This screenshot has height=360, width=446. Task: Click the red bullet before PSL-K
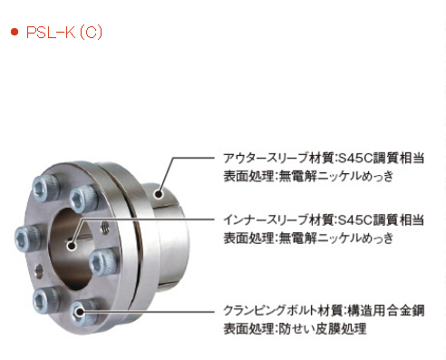click(x=14, y=34)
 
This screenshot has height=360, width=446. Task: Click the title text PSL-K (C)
click(x=64, y=33)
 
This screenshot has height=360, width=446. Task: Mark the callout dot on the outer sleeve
click(x=159, y=192)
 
